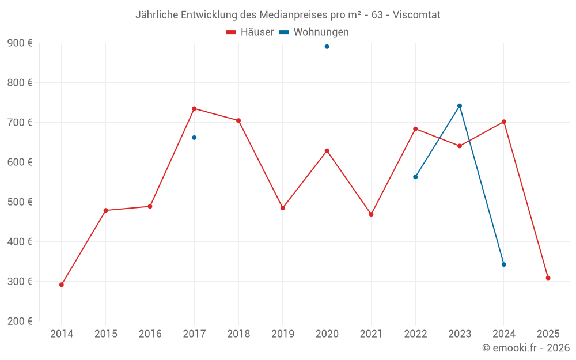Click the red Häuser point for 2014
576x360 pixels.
(62, 285)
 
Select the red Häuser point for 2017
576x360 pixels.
(194, 108)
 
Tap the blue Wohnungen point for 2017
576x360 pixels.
(194, 138)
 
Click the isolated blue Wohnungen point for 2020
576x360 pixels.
(327, 47)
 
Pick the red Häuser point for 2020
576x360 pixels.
(327, 151)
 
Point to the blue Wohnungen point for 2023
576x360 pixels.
(460, 106)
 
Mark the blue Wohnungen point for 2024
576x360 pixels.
(504, 264)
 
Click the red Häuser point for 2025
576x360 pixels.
(548, 278)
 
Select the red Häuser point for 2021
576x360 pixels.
(371, 214)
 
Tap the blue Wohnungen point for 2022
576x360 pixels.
(415, 177)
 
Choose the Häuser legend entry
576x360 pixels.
(251, 32)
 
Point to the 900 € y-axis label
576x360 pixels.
(20, 43)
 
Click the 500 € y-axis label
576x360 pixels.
(20, 202)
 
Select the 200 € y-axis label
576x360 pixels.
(20, 321)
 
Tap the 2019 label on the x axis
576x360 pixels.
(283, 334)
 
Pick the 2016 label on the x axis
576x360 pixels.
(150, 334)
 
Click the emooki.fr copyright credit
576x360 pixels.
(525, 348)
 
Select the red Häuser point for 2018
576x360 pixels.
(238, 120)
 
